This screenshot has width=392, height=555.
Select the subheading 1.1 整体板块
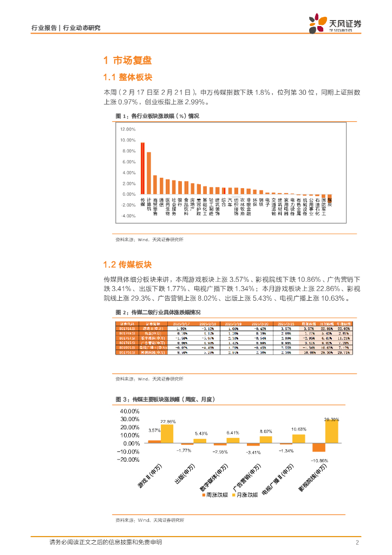point(127,77)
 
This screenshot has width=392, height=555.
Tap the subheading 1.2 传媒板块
point(127,264)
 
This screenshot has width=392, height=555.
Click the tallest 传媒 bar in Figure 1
point(142,168)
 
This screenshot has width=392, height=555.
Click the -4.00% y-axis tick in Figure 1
point(128,216)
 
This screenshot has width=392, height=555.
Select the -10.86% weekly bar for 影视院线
point(319,447)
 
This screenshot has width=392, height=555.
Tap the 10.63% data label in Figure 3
point(299,429)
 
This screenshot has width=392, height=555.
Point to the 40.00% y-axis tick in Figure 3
point(130,411)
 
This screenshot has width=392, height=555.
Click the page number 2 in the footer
point(358,543)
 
